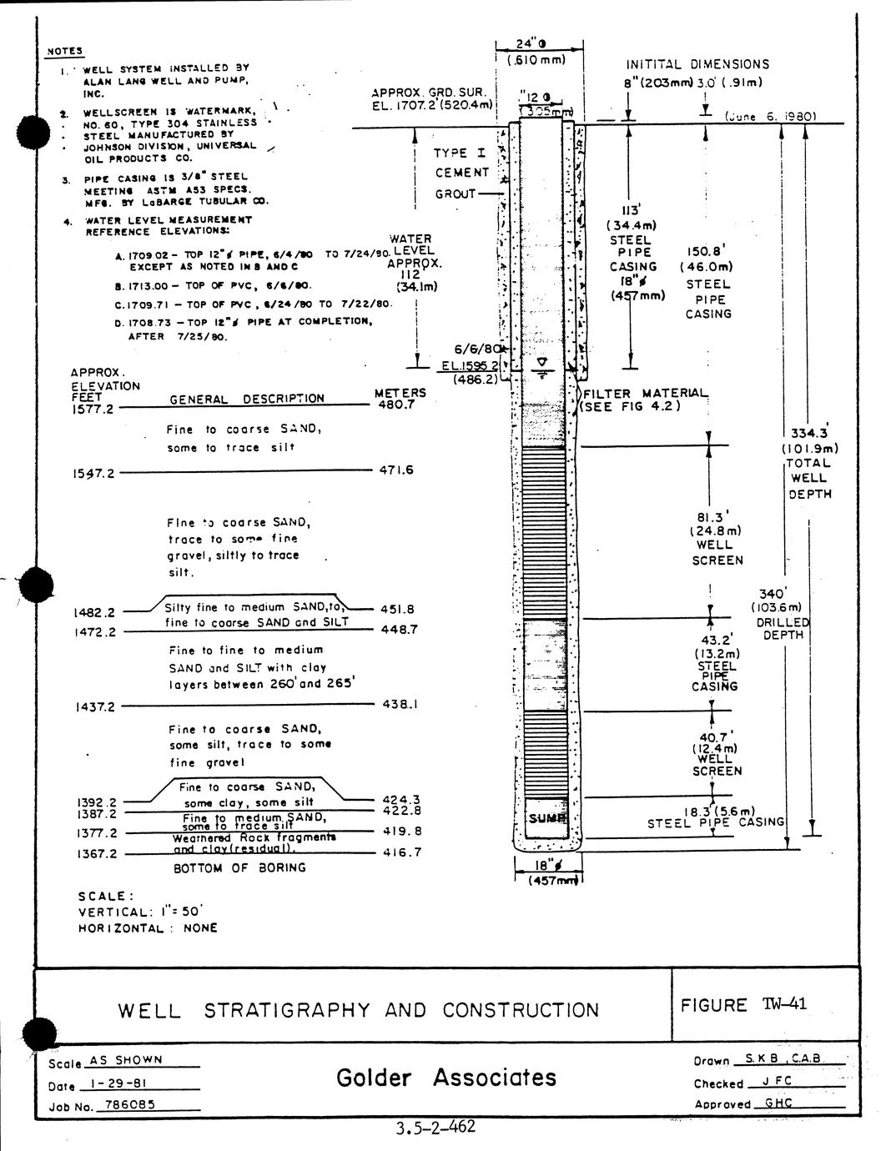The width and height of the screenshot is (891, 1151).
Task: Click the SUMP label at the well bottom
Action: coord(546,818)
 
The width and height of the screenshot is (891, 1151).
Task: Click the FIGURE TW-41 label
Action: coord(743,1004)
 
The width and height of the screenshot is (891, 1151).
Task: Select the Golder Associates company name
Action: coord(445,1078)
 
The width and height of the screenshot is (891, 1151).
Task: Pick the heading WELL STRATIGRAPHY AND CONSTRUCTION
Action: coord(359,1010)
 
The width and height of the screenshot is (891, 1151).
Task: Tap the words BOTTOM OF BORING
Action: coord(239,868)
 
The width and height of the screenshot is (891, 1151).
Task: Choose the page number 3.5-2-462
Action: coord(435,1128)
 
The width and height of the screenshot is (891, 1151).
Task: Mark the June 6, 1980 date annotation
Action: coord(768,118)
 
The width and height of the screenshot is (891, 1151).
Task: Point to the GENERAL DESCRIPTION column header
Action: coord(246,399)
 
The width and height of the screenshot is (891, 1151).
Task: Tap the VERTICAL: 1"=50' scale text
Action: coord(147,912)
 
